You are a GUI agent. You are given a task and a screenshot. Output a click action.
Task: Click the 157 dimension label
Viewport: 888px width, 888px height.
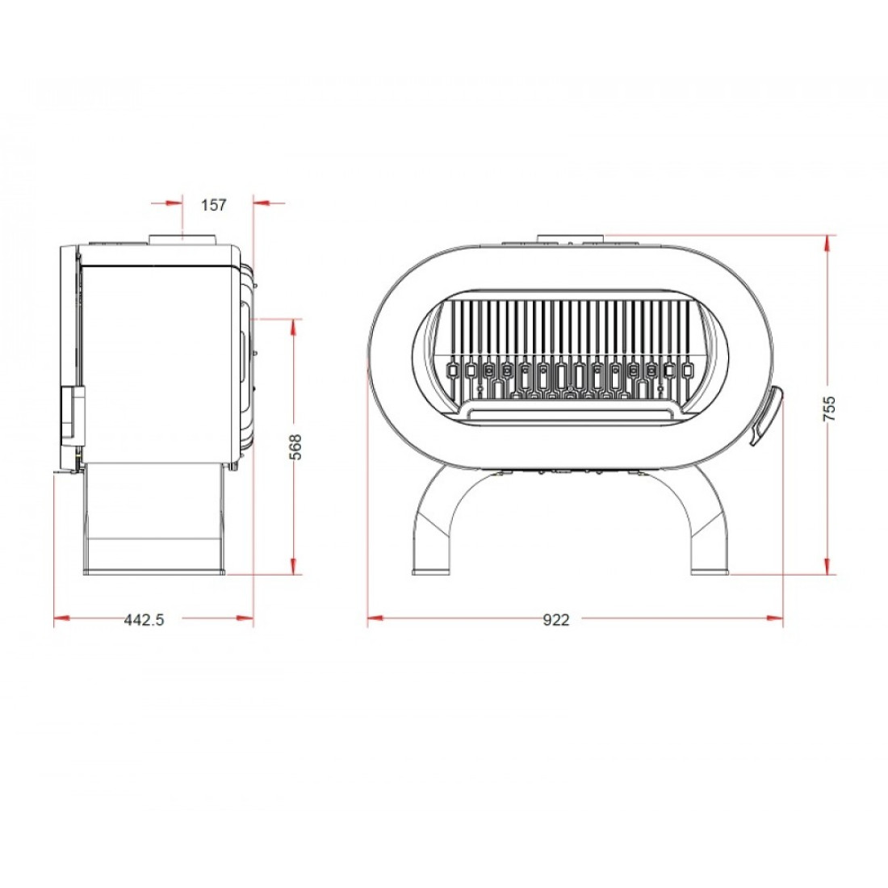(213, 204)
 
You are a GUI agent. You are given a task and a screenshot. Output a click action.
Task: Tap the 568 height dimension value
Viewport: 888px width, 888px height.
(295, 447)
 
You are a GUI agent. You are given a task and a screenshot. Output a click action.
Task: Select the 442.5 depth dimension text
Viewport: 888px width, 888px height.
(144, 619)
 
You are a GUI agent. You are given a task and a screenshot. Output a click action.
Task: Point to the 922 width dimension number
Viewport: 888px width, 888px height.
(555, 619)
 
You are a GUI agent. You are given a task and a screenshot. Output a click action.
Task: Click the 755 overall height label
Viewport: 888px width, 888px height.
(828, 408)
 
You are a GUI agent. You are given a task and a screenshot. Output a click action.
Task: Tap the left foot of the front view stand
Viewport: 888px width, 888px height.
(430, 572)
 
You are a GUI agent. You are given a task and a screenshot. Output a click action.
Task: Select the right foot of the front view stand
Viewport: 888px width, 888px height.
(710, 572)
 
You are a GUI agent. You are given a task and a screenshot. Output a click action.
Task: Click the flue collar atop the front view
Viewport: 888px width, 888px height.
(571, 238)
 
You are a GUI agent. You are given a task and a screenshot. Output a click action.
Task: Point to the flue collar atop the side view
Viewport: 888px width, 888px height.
(183, 238)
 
